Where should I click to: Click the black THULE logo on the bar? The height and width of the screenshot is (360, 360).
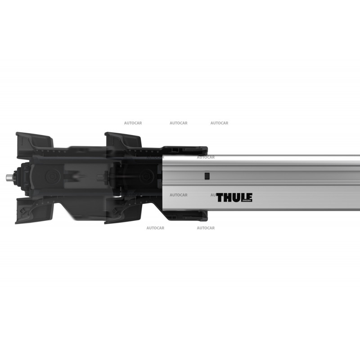(x=234, y=198)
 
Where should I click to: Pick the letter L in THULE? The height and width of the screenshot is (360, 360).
(x=243, y=198)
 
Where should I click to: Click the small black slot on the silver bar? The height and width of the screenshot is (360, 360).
(x=207, y=176)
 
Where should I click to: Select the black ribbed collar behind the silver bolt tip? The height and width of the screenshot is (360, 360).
(x=18, y=178)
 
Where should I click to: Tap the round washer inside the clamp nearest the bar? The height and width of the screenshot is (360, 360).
(x=145, y=176)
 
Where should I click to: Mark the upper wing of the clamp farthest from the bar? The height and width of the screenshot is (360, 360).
(x=33, y=140)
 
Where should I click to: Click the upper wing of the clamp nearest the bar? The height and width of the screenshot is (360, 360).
(x=122, y=140)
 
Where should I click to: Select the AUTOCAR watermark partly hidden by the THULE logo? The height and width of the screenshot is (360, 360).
(x=214, y=195)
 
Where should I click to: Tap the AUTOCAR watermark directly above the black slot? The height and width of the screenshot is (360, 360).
(x=206, y=157)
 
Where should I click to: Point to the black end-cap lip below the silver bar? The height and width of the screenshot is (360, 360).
(x=184, y=216)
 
